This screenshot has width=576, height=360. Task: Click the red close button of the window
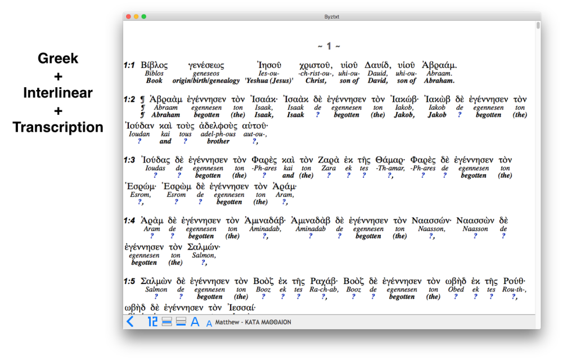(x=128, y=17)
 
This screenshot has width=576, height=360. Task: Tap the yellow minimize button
(x=136, y=17)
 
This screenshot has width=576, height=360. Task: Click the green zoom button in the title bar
(x=144, y=17)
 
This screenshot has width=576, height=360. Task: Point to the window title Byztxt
(x=332, y=17)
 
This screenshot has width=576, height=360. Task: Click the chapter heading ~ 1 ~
(x=328, y=46)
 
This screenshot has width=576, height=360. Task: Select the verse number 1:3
(x=129, y=160)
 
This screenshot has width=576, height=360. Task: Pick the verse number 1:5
(x=129, y=281)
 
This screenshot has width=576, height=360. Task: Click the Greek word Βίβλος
(x=154, y=65)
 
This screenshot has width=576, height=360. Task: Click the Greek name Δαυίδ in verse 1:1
(x=377, y=65)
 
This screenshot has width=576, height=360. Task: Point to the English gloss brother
(x=218, y=141)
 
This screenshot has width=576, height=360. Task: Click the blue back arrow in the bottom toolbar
(x=130, y=322)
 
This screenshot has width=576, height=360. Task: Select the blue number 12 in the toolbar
(x=152, y=322)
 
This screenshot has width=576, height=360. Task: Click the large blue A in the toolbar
(x=195, y=322)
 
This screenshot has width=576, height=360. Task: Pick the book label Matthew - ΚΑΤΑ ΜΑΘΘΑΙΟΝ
(x=253, y=322)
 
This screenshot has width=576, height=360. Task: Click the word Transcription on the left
(x=58, y=128)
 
